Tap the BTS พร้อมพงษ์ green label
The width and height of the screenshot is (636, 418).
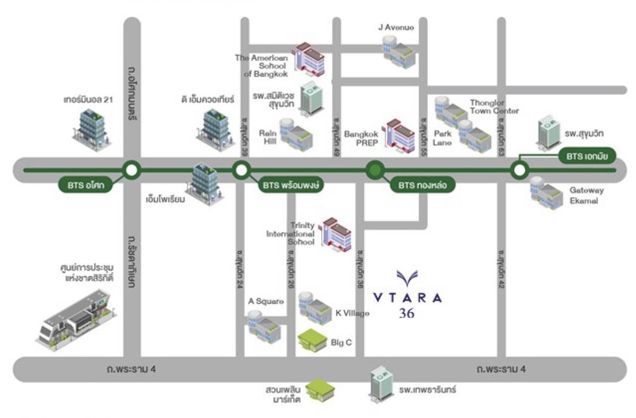(291, 186)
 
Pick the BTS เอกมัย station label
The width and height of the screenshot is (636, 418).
(587, 156)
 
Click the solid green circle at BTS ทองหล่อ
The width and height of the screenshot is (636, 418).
(375, 170)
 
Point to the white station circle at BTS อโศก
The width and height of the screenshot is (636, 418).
(131, 170)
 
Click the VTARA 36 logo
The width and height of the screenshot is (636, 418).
(407, 294)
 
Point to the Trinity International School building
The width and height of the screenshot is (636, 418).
(337, 233)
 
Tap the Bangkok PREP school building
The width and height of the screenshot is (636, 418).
(401, 133)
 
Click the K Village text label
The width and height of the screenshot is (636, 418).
(352, 313)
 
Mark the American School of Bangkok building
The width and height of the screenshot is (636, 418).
(311, 59)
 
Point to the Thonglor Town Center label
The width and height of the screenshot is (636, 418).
(494, 107)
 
